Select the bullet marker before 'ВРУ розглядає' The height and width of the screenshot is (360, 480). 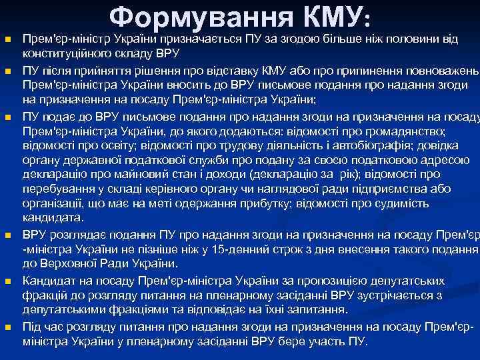9,235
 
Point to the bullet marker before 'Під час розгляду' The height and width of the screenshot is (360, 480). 9,327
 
